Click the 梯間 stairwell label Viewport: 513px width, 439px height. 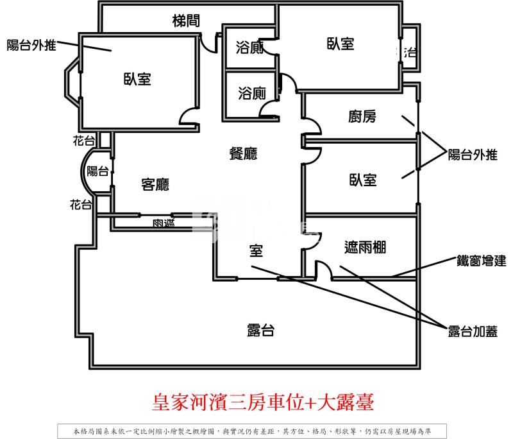click(186, 21)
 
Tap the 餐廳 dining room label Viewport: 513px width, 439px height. click(243, 153)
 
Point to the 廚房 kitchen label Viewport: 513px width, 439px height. click(362, 116)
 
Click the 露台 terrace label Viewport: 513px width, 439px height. click(261, 331)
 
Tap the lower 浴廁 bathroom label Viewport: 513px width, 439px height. click(251, 94)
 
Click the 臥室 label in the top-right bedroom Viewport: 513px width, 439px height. click(341, 44)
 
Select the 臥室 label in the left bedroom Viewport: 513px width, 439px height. click(137, 79)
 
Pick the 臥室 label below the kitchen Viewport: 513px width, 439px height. click(363, 180)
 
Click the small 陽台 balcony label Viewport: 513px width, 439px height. click(97, 171)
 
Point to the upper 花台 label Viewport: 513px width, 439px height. click(83, 140)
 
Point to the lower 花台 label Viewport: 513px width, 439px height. click(81, 205)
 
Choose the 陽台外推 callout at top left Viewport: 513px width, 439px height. click(31, 45)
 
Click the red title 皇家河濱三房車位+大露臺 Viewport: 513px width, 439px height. click(263, 403)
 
